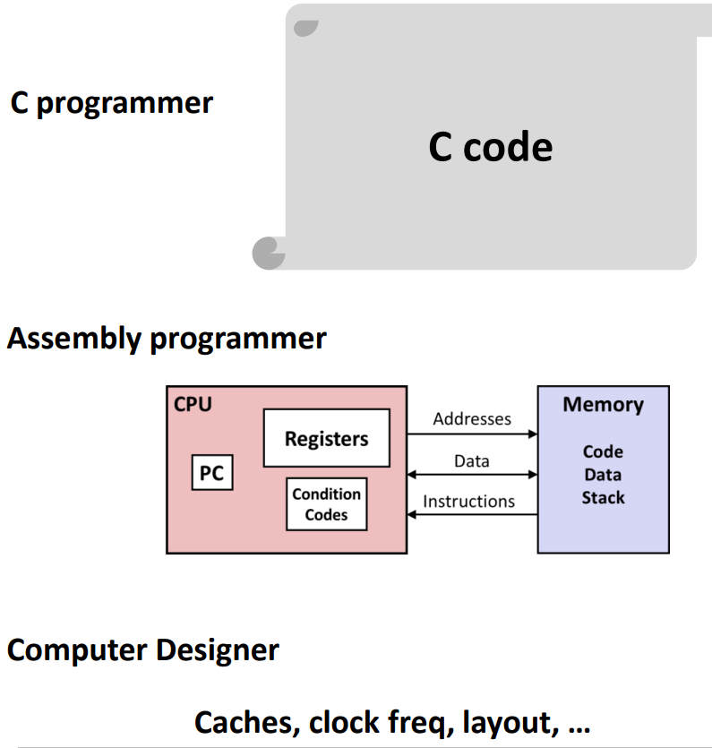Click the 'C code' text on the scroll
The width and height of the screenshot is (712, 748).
[490, 147]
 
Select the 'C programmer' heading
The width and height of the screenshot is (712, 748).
[111, 103]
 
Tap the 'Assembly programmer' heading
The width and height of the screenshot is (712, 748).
[167, 339]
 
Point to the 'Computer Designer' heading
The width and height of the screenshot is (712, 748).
[142, 649]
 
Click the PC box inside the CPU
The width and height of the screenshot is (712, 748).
[212, 473]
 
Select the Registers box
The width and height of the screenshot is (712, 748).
[326, 438]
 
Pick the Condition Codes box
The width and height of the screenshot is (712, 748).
[326, 504]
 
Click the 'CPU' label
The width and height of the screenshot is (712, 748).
[193, 404]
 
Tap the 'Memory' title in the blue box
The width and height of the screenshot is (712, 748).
[603, 404]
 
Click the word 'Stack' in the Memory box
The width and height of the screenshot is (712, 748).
[603, 497]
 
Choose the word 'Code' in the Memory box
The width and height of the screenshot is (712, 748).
[603, 451]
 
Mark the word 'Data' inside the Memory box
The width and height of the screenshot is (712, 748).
[603, 475]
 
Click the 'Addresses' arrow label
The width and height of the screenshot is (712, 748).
[472, 418]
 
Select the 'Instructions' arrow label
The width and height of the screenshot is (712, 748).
[468, 501]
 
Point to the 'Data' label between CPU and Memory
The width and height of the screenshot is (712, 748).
[472, 460]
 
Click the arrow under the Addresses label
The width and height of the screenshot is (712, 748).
[472, 434]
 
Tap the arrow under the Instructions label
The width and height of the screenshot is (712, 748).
[472, 515]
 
